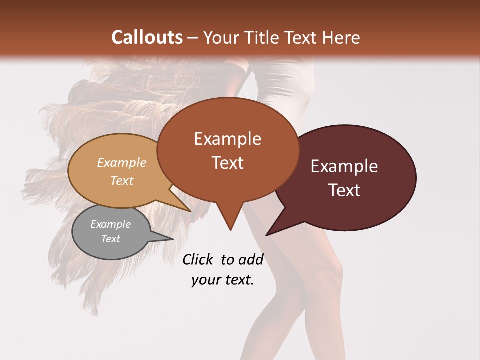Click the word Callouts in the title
(x=147, y=37)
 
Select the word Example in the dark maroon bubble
(x=344, y=166)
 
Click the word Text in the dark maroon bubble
(x=344, y=190)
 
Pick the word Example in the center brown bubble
(x=227, y=139)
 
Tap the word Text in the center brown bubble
(x=227, y=163)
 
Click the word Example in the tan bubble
(x=122, y=162)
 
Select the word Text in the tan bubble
(x=122, y=180)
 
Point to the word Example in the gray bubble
(x=110, y=224)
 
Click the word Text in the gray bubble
(x=110, y=239)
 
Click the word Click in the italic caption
(x=198, y=259)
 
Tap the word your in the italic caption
(x=205, y=279)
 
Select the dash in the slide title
(x=193, y=38)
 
